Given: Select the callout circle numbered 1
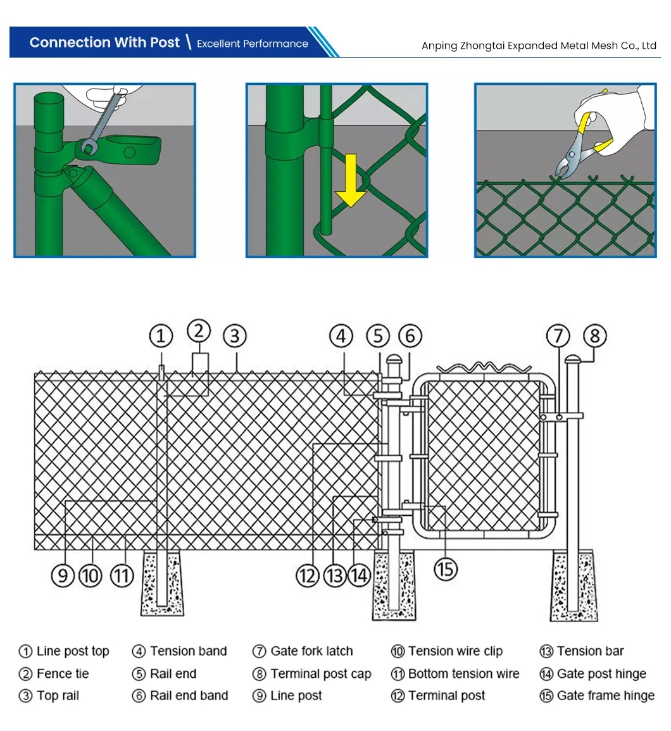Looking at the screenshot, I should tap(161, 336).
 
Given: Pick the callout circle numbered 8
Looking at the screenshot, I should tap(594, 336).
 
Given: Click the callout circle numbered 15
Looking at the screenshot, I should tap(446, 568).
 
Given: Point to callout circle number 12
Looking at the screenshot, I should tap(308, 575).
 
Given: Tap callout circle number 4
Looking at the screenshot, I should tap(341, 336).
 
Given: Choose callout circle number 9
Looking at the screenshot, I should tap(63, 575).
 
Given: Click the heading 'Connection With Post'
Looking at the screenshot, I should tap(104, 42).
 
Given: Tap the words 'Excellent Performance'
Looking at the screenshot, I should tap(252, 44).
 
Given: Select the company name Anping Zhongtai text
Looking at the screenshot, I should tap(539, 46).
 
